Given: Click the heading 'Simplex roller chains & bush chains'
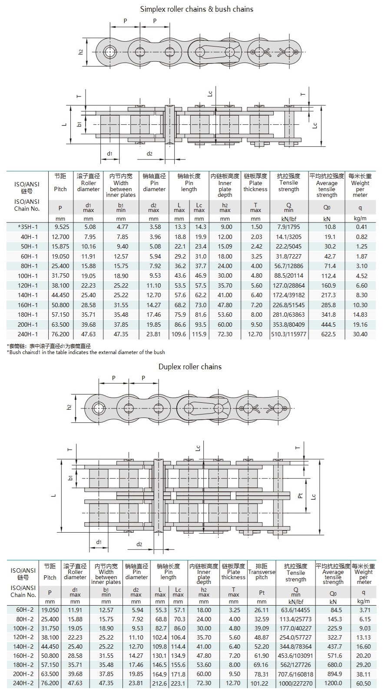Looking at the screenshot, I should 196,9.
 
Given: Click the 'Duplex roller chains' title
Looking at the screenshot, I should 190,367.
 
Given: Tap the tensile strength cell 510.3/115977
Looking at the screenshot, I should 288,334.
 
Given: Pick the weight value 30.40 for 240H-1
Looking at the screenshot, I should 360,334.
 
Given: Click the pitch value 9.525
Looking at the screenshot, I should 60,227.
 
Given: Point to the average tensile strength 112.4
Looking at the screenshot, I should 327,275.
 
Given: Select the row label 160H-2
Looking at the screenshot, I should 23,656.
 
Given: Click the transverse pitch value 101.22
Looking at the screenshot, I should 261,683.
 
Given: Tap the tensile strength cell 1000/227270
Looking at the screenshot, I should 295,683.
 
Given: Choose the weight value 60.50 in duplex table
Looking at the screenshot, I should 363,683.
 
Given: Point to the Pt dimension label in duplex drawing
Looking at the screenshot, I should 300,494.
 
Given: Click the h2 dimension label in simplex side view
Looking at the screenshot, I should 81,52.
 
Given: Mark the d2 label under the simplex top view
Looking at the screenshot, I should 149,153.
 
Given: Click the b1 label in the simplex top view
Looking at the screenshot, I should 79,124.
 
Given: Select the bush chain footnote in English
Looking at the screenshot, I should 86,352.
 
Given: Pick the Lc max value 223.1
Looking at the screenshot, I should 178,683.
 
